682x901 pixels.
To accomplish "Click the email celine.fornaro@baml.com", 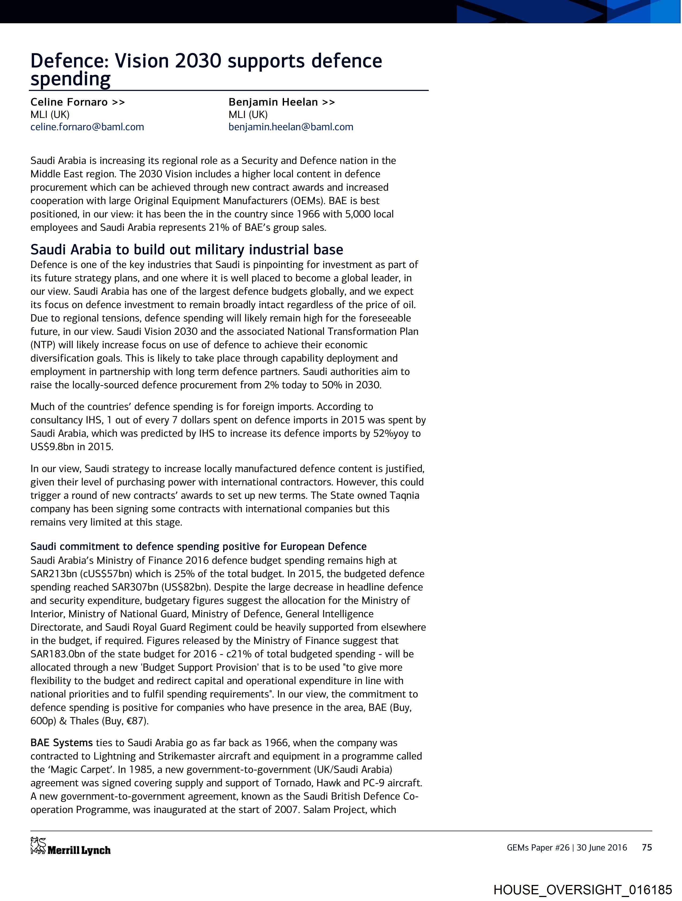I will (87, 127).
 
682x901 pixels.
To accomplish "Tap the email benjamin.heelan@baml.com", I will (290, 127).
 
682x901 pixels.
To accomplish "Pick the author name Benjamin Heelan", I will (273, 102).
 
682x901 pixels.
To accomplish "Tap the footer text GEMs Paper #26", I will (538, 848).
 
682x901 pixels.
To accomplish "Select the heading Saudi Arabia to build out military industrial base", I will (187, 249).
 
